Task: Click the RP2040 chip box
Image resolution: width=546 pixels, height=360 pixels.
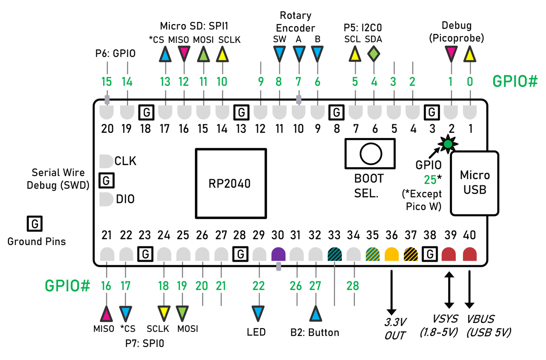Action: [x=231, y=183]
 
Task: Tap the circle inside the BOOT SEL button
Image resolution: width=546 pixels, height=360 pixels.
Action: [x=370, y=154]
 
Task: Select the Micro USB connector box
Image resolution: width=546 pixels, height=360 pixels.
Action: [x=475, y=183]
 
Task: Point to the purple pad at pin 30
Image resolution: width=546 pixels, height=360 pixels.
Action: [x=278, y=254]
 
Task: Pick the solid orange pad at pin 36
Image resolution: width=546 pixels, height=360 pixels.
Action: [x=391, y=254]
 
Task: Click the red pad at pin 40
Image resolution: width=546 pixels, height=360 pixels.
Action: [x=469, y=254]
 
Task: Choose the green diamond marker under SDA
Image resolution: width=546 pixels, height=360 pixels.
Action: [x=374, y=54]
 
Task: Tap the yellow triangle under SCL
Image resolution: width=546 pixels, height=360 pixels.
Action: [x=355, y=54]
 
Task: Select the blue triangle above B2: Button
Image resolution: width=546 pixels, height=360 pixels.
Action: [x=315, y=314]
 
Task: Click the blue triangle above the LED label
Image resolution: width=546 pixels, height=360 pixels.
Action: [x=258, y=313]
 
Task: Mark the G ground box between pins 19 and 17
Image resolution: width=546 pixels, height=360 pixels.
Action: [x=146, y=112]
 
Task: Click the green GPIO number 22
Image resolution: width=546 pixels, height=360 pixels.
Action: [x=258, y=286]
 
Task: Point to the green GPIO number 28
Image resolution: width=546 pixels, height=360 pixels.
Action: [x=353, y=286]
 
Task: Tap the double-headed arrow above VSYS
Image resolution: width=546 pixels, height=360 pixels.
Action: [x=449, y=290]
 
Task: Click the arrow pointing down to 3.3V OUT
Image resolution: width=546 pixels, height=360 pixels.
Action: [x=391, y=292]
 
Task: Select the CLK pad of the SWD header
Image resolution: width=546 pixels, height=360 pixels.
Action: [x=106, y=161]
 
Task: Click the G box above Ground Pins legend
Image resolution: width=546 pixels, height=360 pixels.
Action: [x=35, y=223]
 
